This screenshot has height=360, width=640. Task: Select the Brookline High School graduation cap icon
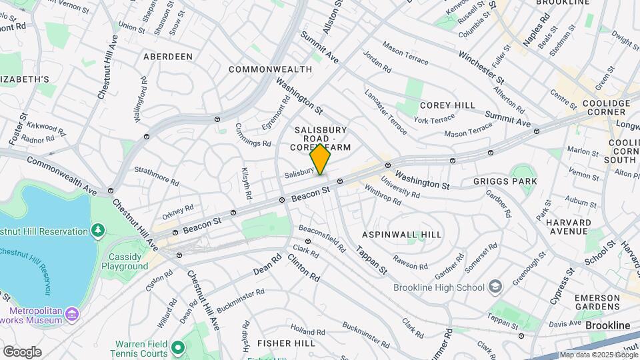tap(495, 287)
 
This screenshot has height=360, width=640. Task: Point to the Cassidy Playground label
tap(125, 261)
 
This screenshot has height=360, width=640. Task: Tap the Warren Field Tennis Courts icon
tap(177, 347)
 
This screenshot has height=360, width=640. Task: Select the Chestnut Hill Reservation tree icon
tap(99, 231)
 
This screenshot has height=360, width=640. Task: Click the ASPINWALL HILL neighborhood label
tap(401, 235)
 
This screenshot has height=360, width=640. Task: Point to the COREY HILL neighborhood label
tap(447, 105)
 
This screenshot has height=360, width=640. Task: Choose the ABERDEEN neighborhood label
tap(168, 57)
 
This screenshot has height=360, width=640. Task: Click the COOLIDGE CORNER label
tap(606, 108)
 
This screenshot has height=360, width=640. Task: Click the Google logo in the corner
tap(22, 351)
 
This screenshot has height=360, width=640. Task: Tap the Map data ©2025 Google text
tap(597, 355)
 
